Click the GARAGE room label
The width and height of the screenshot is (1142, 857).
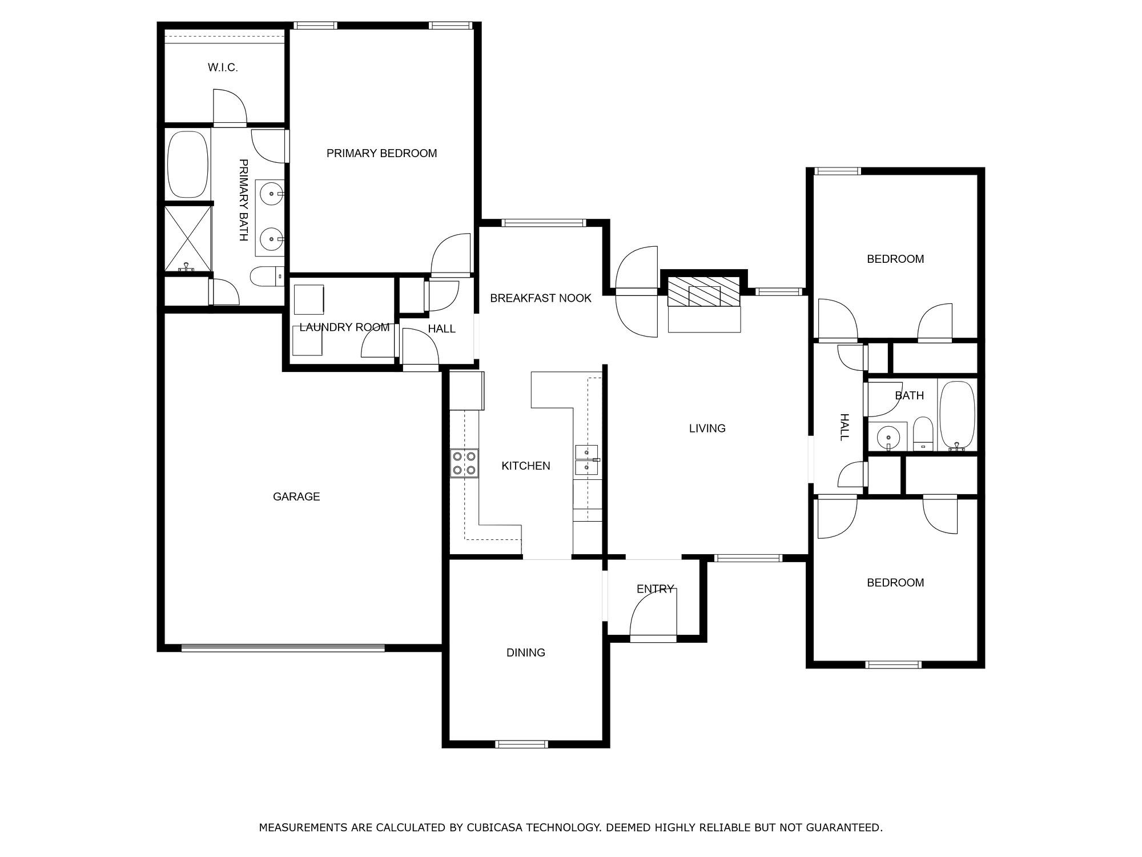tap(296, 496)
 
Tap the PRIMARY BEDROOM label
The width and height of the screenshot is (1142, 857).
tap(381, 153)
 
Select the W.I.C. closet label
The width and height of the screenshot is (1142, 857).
tap(223, 67)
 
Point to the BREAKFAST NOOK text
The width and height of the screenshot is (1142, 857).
tap(541, 298)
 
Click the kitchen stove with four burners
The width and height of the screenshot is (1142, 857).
tap(464, 463)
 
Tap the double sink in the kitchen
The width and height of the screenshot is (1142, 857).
tap(587, 460)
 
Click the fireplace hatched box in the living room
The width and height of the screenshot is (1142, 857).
tap(704, 291)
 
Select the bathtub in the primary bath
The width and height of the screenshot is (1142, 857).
tap(188, 165)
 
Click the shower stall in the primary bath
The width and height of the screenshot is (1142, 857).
tap(188, 239)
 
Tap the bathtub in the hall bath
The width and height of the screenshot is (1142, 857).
tap(957, 415)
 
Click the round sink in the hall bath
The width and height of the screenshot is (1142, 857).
tap(888, 437)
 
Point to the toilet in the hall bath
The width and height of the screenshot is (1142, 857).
tap(923, 434)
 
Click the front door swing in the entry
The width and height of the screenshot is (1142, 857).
tap(653, 612)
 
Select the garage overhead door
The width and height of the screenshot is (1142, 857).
tap(283, 648)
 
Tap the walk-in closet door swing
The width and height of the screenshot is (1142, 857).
tap(230, 107)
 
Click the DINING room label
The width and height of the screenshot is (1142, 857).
tap(526, 652)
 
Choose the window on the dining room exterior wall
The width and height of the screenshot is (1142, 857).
tap(521, 744)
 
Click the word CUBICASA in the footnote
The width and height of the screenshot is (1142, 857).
tap(496, 827)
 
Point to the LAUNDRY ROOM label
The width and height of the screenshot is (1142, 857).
tap(344, 327)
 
